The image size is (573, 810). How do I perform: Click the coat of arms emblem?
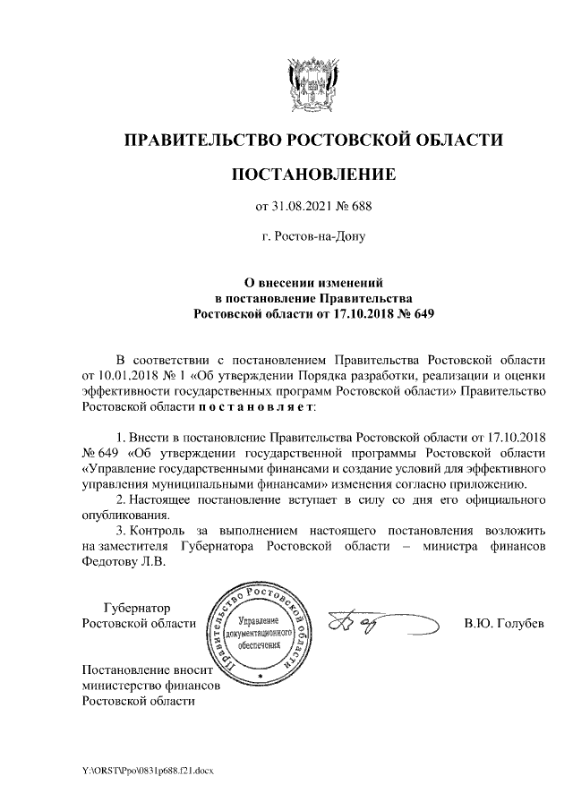click(x=312, y=85)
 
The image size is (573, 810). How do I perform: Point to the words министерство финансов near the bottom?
click(x=150, y=685)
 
